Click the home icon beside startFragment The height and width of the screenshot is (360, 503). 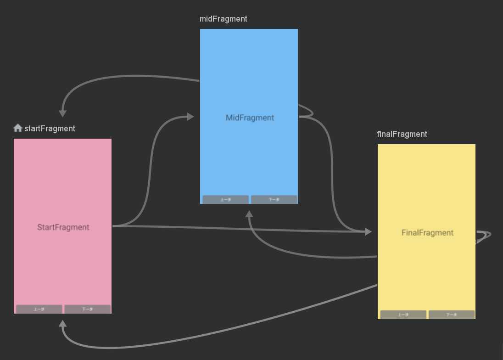pyautogui.click(x=18, y=128)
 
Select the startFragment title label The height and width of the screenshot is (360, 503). pyautogui.click(x=50, y=129)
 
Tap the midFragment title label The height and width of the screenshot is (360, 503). pyautogui.click(x=223, y=19)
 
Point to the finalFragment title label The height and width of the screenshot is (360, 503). pyautogui.click(x=402, y=134)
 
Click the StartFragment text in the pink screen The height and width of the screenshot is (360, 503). pyautogui.click(x=63, y=227)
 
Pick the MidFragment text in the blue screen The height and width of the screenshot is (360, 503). pyautogui.click(x=250, y=118)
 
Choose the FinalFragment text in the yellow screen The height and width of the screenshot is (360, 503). pyautogui.click(x=427, y=233)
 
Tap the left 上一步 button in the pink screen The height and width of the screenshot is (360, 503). pyautogui.click(x=39, y=309)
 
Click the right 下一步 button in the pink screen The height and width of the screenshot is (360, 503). pyautogui.click(x=87, y=309)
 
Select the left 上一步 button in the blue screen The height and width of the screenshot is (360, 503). pyautogui.click(x=225, y=199)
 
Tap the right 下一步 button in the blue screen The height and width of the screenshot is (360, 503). pyautogui.click(x=274, y=199)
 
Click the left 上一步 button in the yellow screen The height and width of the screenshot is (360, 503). pyautogui.click(x=403, y=315)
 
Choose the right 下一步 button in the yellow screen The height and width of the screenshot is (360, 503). pyautogui.click(x=452, y=315)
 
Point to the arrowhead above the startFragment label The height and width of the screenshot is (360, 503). pyautogui.click(x=63, y=113)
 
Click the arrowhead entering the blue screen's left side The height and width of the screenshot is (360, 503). pyautogui.click(x=190, y=117)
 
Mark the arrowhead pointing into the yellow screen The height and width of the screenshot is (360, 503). pyautogui.click(x=368, y=232)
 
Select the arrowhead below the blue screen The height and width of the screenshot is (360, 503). pyautogui.click(x=249, y=214)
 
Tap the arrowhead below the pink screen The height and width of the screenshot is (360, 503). pyautogui.click(x=63, y=324)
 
